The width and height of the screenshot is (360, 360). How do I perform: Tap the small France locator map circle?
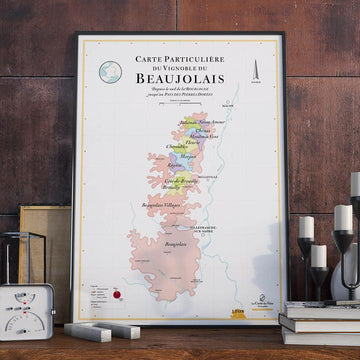click(112, 67)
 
